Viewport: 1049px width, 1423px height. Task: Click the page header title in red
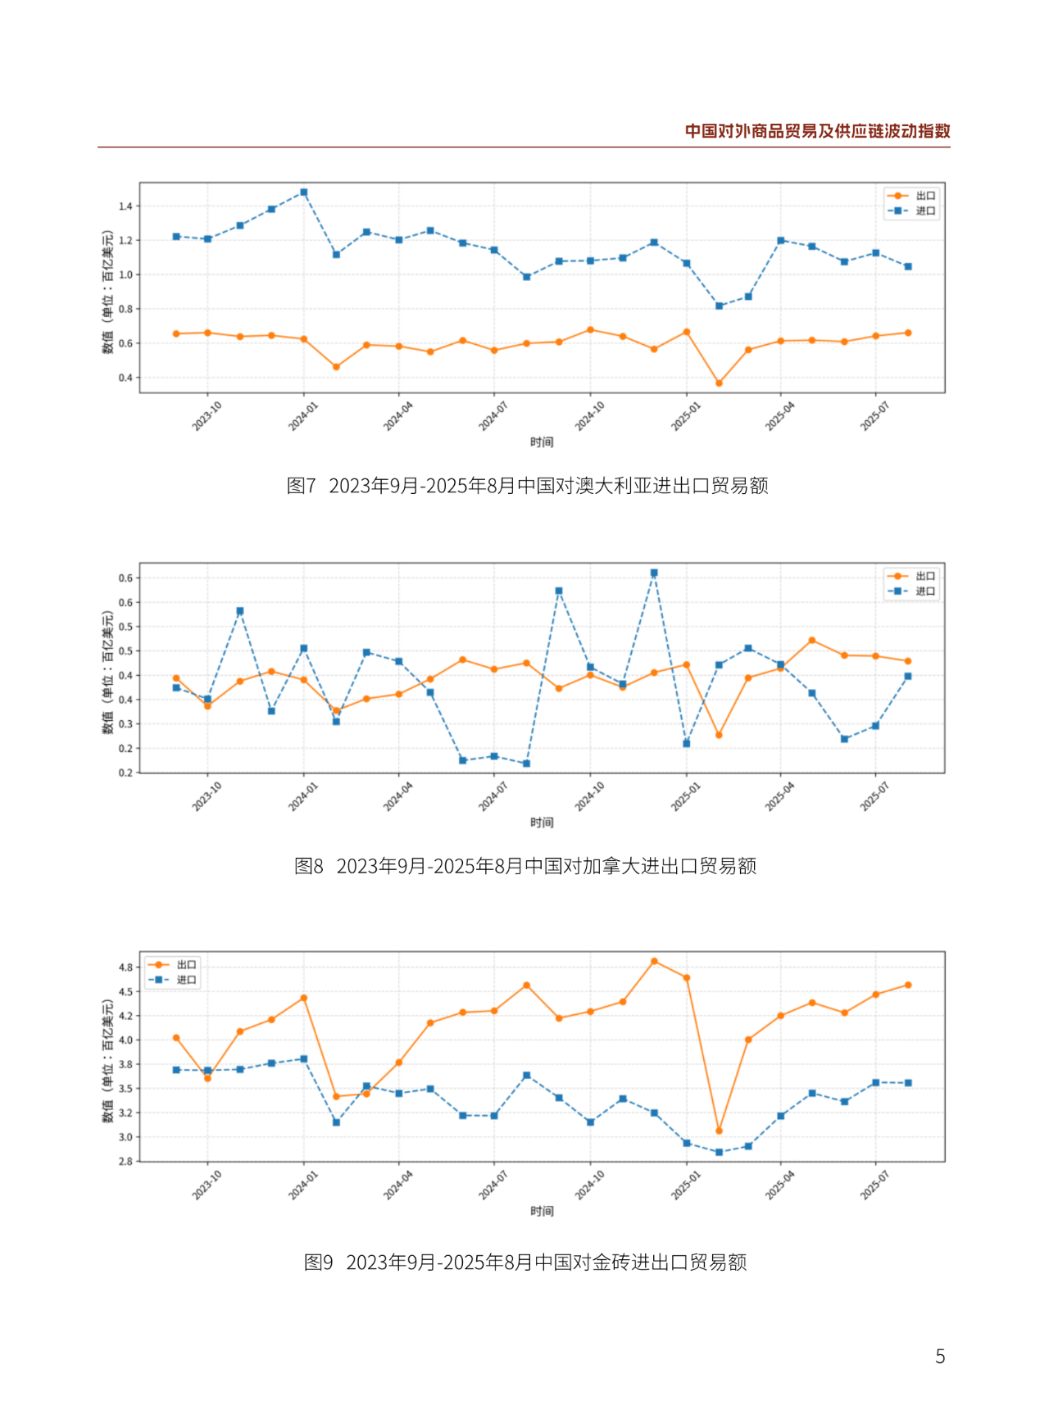tap(817, 131)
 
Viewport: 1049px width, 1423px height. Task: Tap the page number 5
tap(940, 1357)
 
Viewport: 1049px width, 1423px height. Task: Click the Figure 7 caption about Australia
tap(527, 486)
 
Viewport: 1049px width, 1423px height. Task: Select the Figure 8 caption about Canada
tap(525, 866)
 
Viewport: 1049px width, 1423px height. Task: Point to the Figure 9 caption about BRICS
tap(525, 1262)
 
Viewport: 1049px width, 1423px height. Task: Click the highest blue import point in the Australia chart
tap(304, 193)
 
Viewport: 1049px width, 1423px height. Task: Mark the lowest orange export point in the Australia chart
tap(719, 383)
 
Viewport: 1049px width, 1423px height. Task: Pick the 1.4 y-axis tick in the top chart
tap(125, 206)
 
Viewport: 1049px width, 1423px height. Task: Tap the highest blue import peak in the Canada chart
tap(654, 573)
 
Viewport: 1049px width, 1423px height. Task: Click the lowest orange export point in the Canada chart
tap(719, 735)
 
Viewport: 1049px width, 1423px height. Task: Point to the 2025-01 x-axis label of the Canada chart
tap(685, 797)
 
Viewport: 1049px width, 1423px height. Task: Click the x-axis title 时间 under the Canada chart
tap(542, 823)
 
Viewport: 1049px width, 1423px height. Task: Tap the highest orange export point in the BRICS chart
tap(654, 961)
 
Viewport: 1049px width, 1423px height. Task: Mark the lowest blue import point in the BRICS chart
tap(719, 1153)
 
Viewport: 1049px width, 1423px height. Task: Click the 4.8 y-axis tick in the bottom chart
tap(125, 968)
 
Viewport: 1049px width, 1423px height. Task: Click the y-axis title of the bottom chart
tap(107, 1061)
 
